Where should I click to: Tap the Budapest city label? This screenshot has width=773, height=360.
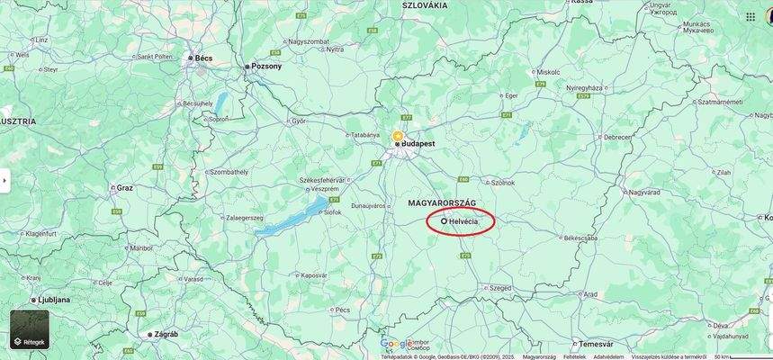pyautogui.click(x=418, y=143)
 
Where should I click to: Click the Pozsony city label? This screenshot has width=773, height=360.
pyautogui.click(x=265, y=66)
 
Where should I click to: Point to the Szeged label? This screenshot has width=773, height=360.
pyautogui.click(x=475, y=288)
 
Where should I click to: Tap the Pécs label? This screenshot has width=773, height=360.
pyautogui.click(x=342, y=310)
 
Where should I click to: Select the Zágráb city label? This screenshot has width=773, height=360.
pyautogui.click(x=166, y=334)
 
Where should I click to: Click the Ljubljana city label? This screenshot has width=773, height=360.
pyautogui.click(x=55, y=300)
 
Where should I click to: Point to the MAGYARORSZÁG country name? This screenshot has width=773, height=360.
pyautogui.click(x=441, y=203)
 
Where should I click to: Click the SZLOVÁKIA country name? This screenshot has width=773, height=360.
pyautogui.click(x=424, y=5)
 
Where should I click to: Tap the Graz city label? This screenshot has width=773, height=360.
pyautogui.click(x=124, y=187)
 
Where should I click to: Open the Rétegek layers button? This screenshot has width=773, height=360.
pyautogui.click(x=29, y=330)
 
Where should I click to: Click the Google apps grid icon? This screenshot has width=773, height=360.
pyautogui.click(x=751, y=16)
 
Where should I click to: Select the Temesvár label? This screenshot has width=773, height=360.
pyautogui.click(x=595, y=344)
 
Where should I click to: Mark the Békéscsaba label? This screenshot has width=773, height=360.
pyautogui.click(x=580, y=238)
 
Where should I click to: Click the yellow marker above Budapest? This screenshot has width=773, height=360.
pyautogui.click(x=398, y=136)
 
